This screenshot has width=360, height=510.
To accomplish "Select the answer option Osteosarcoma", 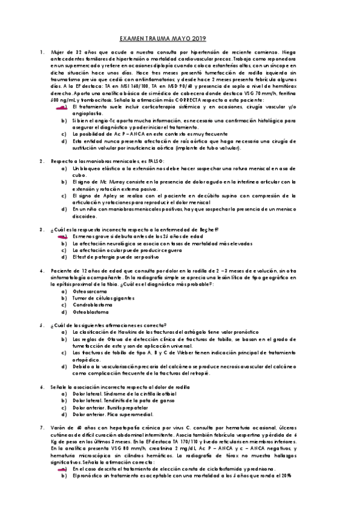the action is click(x=86, y=291).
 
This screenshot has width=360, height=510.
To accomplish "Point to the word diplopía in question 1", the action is click(x=169, y=66).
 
